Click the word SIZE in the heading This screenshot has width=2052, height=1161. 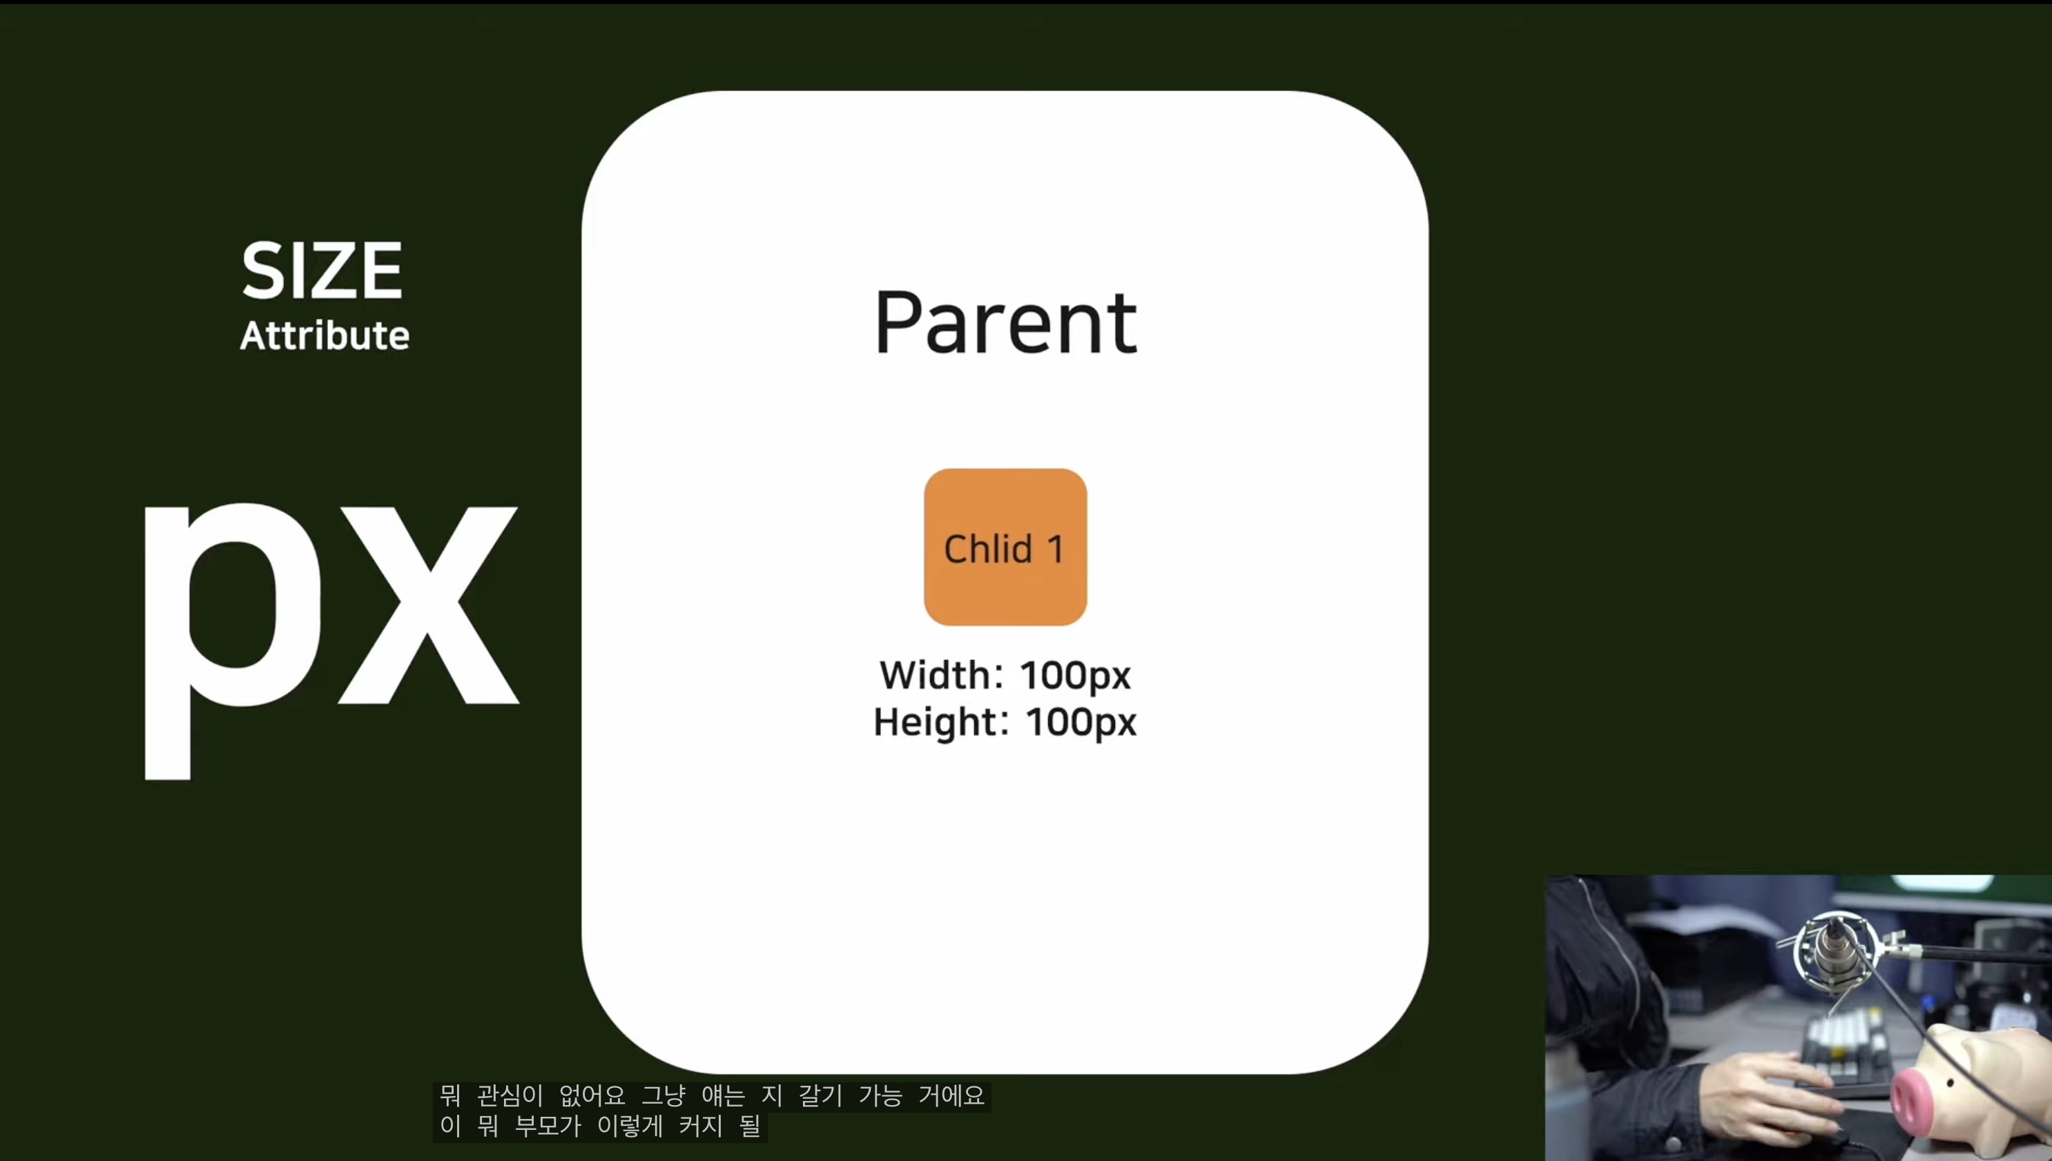[322, 271]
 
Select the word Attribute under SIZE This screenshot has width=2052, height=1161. [325, 335]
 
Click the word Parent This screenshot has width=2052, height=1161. [1006, 324]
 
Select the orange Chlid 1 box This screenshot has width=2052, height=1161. [1005, 547]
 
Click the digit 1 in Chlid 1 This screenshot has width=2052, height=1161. [1056, 549]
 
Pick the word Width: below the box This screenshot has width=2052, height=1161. [941, 675]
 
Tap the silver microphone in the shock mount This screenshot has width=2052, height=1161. [1832, 949]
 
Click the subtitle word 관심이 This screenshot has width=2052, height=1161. [510, 1095]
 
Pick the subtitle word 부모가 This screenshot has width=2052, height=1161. [547, 1126]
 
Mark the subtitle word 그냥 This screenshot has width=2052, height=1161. [664, 1095]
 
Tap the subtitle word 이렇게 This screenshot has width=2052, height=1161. [630, 1126]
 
